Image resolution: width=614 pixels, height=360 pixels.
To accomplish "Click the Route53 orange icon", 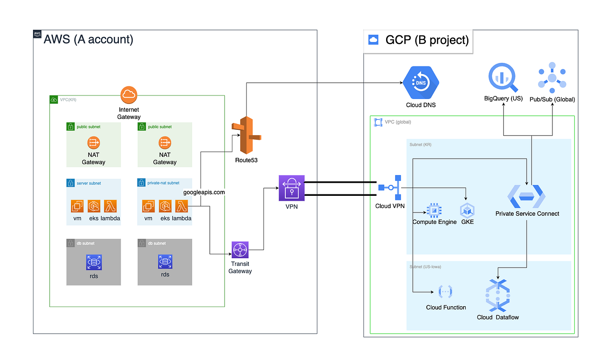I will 246,135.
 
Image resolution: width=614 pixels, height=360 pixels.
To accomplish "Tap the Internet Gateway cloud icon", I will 129,95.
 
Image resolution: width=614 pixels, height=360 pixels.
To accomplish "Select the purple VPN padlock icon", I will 292,187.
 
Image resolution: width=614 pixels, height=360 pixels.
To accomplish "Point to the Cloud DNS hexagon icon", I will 421,83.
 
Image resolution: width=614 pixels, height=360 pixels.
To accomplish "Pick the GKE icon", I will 467,210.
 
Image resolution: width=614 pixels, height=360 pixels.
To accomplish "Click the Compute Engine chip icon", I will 434,210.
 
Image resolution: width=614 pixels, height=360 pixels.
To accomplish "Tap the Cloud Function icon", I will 445,292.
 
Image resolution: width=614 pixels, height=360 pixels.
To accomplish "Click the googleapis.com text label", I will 204,192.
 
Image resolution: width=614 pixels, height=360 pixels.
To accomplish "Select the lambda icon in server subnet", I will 110,206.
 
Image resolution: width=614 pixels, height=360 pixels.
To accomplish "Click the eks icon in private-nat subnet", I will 165,206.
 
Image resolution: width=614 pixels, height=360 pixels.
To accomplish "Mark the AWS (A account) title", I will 88,40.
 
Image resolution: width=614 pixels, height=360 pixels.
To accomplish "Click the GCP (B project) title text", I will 426,40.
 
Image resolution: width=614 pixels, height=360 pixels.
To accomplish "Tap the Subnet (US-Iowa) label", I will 425,267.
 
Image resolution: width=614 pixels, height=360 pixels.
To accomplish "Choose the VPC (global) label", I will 398,122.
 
